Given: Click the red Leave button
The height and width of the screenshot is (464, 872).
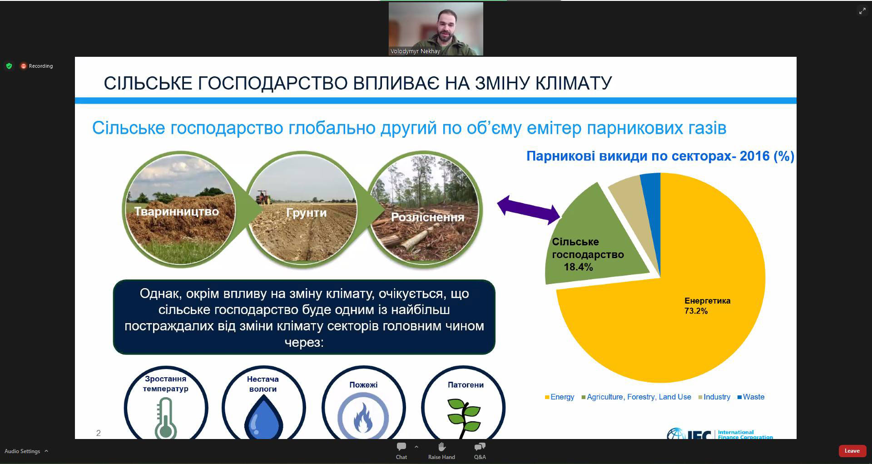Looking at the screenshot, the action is click(852, 451).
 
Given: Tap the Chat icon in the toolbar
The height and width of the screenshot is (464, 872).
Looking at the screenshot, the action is click(401, 447).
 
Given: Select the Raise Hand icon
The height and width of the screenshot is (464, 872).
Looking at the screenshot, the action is click(441, 447).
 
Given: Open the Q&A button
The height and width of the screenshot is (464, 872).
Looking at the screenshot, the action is click(480, 447).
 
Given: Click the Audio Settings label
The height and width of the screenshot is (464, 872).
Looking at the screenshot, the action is click(22, 451).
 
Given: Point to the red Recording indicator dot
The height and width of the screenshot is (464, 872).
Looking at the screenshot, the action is click(24, 66).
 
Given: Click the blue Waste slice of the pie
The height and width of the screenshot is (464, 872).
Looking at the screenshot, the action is click(651, 205).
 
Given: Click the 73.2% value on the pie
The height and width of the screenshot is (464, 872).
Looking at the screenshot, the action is click(696, 311).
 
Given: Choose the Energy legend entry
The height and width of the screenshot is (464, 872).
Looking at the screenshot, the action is click(560, 397).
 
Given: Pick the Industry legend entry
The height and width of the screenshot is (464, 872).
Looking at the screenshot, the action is click(714, 397).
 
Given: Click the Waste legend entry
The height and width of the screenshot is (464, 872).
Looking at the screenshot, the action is click(751, 397).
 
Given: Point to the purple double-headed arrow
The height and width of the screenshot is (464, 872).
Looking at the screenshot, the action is click(529, 210).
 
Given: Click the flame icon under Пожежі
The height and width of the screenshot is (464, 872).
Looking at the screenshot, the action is click(363, 418).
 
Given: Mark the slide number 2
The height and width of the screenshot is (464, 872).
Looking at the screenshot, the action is click(99, 433).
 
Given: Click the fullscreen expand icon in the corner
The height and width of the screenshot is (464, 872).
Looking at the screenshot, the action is click(862, 11).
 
